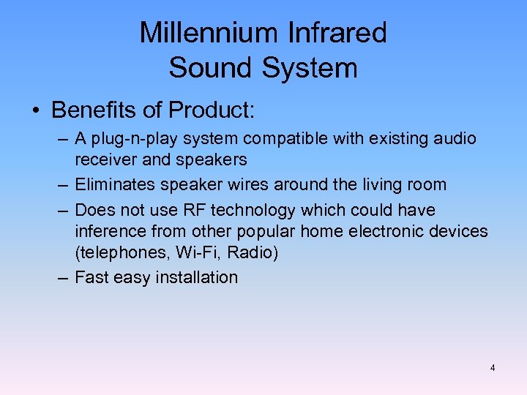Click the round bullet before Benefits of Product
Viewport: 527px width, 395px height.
point(35,110)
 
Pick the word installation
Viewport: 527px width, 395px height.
point(197,277)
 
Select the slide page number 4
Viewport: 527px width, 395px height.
point(492,367)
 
